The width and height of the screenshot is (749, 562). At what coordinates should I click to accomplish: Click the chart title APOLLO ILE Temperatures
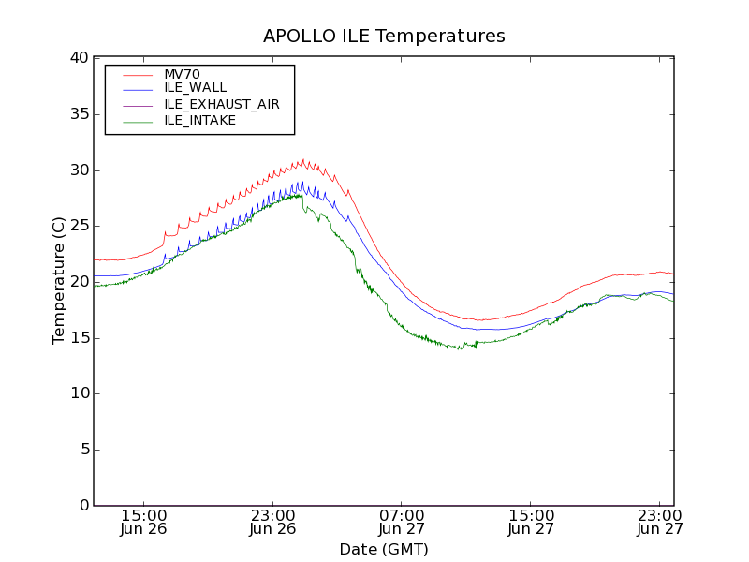point(384,37)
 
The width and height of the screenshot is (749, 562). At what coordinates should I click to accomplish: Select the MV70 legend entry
point(182,74)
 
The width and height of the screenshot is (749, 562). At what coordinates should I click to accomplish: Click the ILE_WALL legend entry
point(195,88)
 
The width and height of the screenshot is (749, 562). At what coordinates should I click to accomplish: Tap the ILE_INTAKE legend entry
point(199,120)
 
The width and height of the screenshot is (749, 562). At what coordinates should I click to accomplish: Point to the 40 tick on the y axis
point(79,58)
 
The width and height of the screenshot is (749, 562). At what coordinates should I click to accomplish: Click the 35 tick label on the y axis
point(79,114)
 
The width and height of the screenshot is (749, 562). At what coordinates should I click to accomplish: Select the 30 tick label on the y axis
point(79,170)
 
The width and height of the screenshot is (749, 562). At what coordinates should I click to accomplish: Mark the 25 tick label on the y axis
point(79,226)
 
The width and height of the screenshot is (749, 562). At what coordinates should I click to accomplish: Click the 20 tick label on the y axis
point(79,282)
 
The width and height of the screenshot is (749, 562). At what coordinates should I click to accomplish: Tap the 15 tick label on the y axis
point(79,338)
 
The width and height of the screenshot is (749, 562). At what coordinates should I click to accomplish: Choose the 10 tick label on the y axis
point(79,393)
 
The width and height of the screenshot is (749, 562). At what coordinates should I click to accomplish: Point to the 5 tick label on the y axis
point(83,450)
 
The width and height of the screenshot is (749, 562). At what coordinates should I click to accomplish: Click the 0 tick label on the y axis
point(83,506)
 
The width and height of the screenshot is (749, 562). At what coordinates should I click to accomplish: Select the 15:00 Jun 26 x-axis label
point(145,522)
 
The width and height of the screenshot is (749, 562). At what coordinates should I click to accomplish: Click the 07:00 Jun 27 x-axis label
point(403,522)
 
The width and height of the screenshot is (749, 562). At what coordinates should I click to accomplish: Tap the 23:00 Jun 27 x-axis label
point(660,522)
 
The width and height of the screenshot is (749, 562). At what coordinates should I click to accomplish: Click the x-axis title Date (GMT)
point(384,549)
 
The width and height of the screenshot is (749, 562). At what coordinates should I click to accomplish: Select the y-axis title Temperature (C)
point(59,281)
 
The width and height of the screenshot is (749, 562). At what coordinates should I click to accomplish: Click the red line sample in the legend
point(137,74)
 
